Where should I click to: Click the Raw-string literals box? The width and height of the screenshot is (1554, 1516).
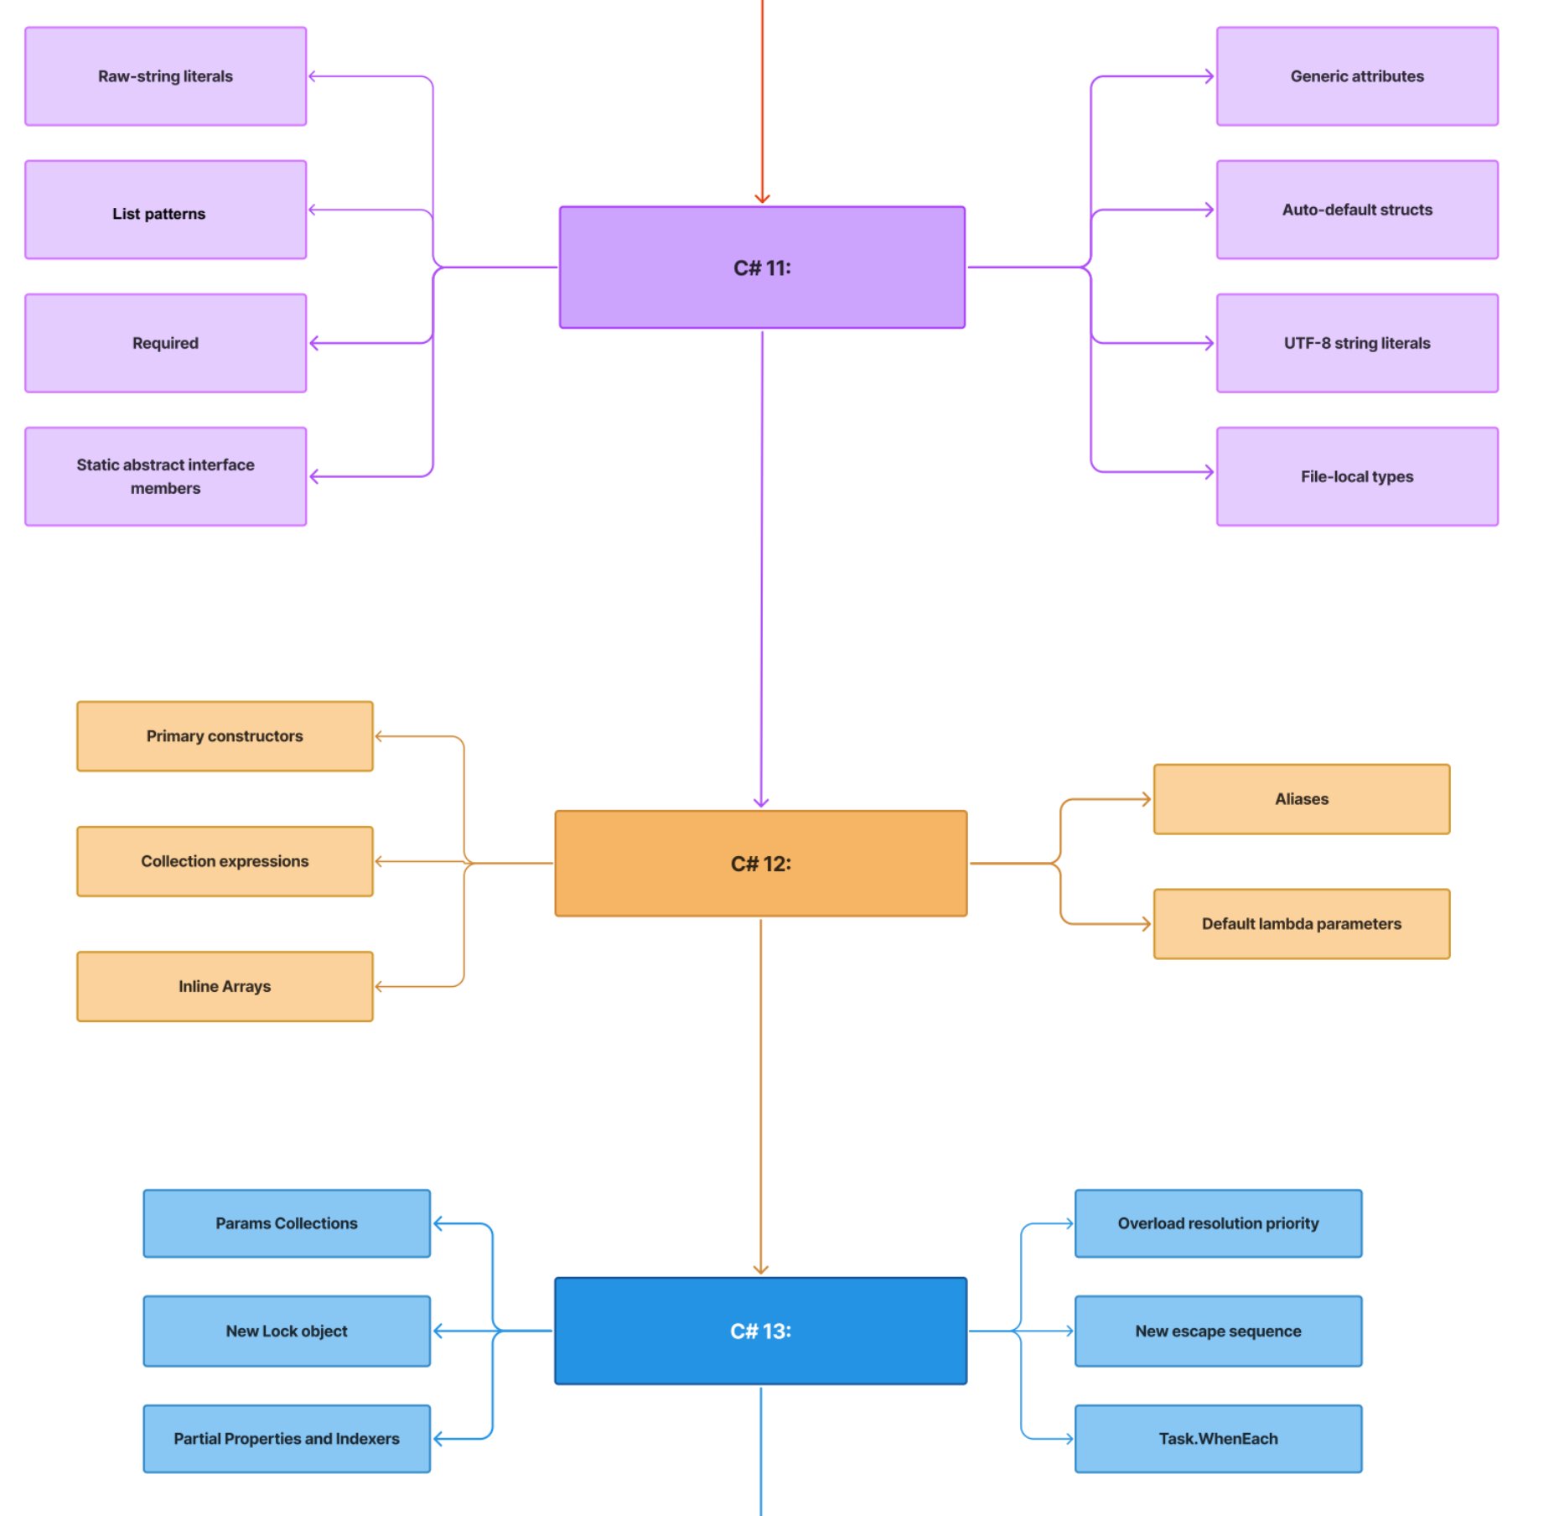pyautogui.click(x=165, y=76)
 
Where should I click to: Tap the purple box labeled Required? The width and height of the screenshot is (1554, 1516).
pyautogui.click(x=165, y=343)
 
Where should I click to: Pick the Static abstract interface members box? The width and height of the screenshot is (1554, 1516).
pyautogui.click(x=165, y=476)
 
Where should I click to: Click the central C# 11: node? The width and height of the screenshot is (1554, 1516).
pyautogui.click(x=761, y=267)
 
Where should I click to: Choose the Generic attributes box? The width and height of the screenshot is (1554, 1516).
pyautogui.click(x=1356, y=76)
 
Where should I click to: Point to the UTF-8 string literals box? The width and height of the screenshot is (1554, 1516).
pyautogui.click(x=1356, y=343)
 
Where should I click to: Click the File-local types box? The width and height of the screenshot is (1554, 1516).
pyautogui.click(x=1356, y=476)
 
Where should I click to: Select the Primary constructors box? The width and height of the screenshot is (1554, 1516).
pyautogui.click(x=225, y=736)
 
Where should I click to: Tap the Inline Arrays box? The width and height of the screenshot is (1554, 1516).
pyautogui.click(x=225, y=986)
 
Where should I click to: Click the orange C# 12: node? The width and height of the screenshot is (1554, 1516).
pyautogui.click(x=760, y=864)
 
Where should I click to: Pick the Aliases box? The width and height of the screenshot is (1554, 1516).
pyautogui.click(x=1301, y=799)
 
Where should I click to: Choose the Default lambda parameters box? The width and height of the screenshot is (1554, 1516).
pyautogui.click(x=1301, y=924)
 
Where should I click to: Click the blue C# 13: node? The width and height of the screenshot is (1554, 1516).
pyautogui.click(x=760, y=1331)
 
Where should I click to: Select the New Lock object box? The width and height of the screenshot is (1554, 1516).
pyautogui.click(x=287, y=1331)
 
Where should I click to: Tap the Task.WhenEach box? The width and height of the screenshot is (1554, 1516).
pyautogui.click(x=1218, y=1439)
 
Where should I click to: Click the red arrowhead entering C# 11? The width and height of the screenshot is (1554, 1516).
pyautogui.click(x=761, y=199)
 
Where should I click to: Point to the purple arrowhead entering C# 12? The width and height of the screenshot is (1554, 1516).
pyautogui.click(x=760, y=802)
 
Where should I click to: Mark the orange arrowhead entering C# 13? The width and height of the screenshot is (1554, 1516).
pyautogui.click(x=760, y=1269)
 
